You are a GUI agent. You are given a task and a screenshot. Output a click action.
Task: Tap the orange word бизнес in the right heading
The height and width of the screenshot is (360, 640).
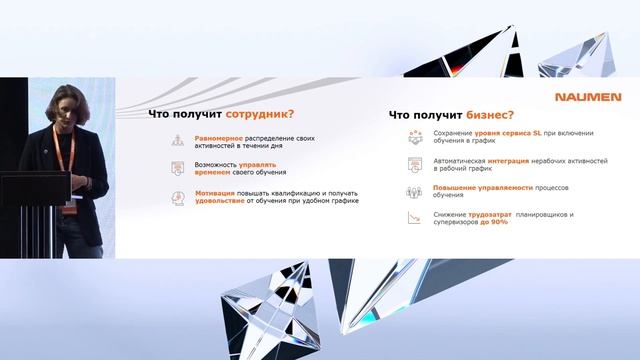(x=490, y=114)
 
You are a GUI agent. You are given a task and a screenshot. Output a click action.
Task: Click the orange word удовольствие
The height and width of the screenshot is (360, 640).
(x=225, y=201)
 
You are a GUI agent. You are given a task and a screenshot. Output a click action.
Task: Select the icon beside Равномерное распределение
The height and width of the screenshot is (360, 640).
(x=177, y=145)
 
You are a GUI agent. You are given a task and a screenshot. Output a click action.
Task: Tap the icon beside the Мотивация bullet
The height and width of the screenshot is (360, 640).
(x=177, y=196)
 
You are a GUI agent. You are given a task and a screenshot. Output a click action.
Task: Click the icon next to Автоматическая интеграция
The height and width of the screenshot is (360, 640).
(x=413, y=165)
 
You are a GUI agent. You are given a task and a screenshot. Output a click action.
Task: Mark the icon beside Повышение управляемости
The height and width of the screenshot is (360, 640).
(x=413, y=192)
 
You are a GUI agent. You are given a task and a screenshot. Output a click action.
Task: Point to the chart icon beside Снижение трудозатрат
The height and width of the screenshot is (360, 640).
(x=413, y=218)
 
